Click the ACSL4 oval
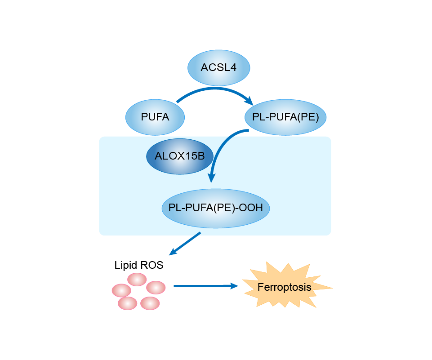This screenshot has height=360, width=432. pos(218,68)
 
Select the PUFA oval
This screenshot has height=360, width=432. pos(155,117)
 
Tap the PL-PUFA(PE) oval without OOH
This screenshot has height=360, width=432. pos(285,117)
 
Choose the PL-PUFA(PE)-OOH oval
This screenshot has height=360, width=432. pos(215,208)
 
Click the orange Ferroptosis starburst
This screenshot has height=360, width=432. pos(285,287)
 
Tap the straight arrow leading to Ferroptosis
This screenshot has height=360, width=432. pos(202,285)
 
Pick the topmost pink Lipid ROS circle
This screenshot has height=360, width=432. pos(137,279)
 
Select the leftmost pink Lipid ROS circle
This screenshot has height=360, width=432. pos(121,290)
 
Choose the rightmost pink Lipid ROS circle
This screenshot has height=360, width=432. pos(156,287)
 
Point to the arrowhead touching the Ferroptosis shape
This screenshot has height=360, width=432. pos(233,285)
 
